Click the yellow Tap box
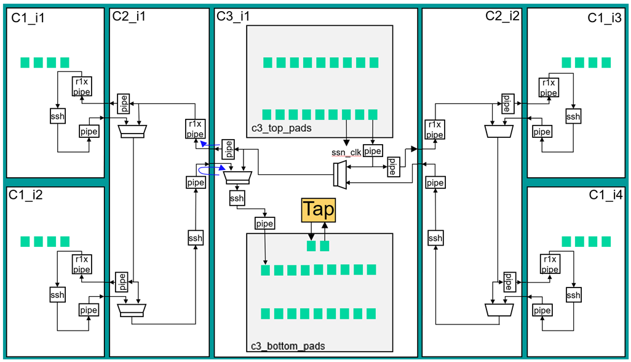(318, 210)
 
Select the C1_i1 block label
(28, 18)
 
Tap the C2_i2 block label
(502, 16)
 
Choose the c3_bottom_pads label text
(288, 346)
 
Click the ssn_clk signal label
(346, 151)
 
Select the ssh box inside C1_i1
(57, 116)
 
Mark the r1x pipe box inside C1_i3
(549, 87)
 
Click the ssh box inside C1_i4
(573, 296)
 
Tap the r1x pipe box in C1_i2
(81, 263)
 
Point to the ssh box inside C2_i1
(195, 238)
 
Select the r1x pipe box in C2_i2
(434, 129)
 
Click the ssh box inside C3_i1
(237, 198)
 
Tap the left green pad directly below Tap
(312, 246)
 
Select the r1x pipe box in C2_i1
(195, 129)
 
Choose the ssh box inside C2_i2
(435, 238)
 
